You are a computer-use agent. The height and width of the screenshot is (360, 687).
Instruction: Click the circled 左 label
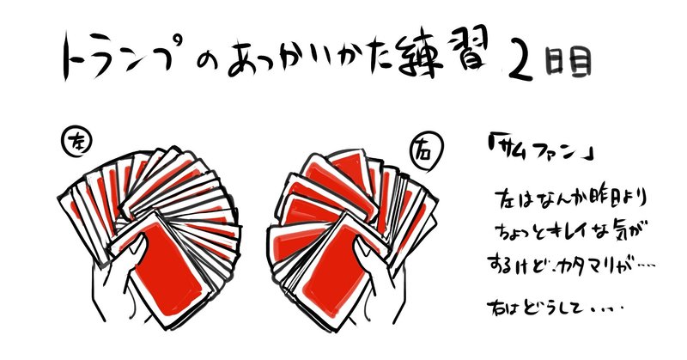[78, 143]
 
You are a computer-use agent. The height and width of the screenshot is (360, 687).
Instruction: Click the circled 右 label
[426, 152]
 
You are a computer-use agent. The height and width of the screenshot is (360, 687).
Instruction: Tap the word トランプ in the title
[121, 57]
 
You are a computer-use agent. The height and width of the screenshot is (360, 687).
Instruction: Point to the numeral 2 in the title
[521, 64]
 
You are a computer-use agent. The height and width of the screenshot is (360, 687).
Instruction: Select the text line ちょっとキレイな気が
[570, 232]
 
